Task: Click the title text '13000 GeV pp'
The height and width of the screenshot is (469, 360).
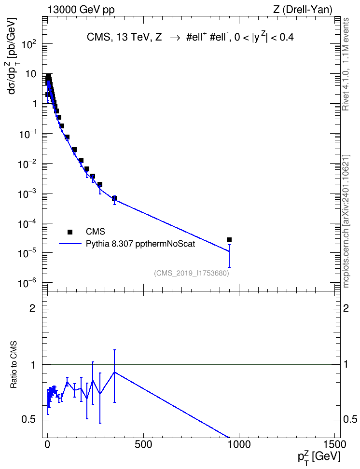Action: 81,10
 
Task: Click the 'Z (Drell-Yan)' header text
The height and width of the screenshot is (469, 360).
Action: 303,10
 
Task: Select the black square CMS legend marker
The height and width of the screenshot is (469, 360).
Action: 70,232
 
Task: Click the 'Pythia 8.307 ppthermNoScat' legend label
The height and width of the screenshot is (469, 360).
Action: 140,244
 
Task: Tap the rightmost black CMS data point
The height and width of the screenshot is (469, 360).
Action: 229,240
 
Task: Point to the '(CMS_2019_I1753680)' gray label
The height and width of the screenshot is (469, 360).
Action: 192,273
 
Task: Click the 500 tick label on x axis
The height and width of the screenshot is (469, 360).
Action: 143,444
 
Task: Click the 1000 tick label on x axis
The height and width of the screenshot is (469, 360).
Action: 239,444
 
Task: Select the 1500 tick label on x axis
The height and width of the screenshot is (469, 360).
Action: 334,444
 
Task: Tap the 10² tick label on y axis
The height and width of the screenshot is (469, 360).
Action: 29,44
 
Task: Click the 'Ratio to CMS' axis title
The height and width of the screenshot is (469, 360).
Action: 14,365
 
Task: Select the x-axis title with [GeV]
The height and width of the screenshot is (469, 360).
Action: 319,457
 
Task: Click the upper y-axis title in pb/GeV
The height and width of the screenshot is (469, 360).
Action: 14,56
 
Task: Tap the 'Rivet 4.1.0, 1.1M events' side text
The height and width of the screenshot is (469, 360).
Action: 346,64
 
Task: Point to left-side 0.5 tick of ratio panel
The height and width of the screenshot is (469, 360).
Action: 28,419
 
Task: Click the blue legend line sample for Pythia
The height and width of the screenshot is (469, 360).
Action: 70,244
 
